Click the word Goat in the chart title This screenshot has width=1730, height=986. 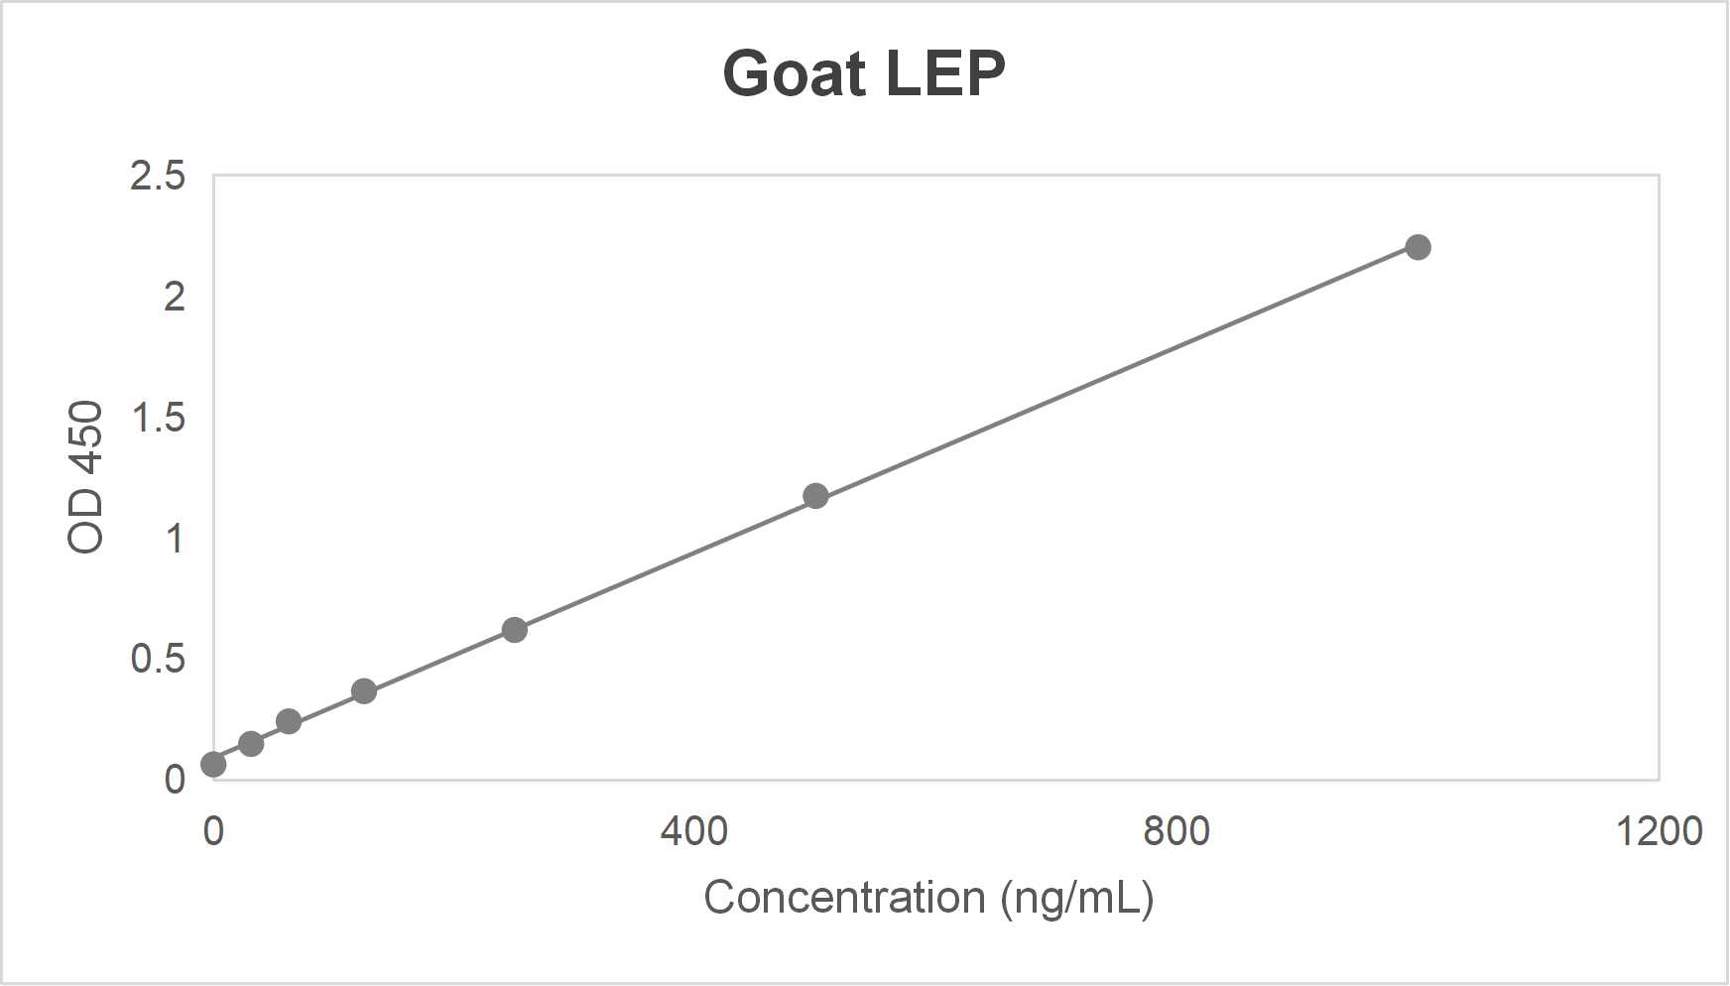click(794, 74)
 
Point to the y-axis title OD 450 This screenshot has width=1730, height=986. click(86, 476)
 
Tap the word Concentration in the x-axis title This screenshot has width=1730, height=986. click(844, 898)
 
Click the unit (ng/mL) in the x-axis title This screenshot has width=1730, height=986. click(1076, 899)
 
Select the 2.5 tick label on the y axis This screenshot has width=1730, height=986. click(158, 176)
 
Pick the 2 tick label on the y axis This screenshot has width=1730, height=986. click(175, 297)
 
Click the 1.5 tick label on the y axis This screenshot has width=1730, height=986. click(158, 418)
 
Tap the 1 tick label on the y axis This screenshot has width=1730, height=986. click(175, 539)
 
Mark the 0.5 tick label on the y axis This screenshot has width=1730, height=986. click(158, 659)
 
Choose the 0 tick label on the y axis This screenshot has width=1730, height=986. click(175, 780)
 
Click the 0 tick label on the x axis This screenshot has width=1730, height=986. click(213, 830)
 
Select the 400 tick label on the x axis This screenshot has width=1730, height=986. click(694, 830)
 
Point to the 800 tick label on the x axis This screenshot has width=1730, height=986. click(1176, 830)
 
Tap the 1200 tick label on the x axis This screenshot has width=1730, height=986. click(1659, 830)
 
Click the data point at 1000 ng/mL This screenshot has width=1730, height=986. click(1418, 247)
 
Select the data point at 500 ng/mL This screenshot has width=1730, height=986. click(815, 496)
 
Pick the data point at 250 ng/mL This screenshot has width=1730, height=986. click(514, 630)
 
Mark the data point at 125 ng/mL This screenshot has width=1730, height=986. click(364, 691)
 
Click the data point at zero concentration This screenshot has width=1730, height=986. click(213, 764)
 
